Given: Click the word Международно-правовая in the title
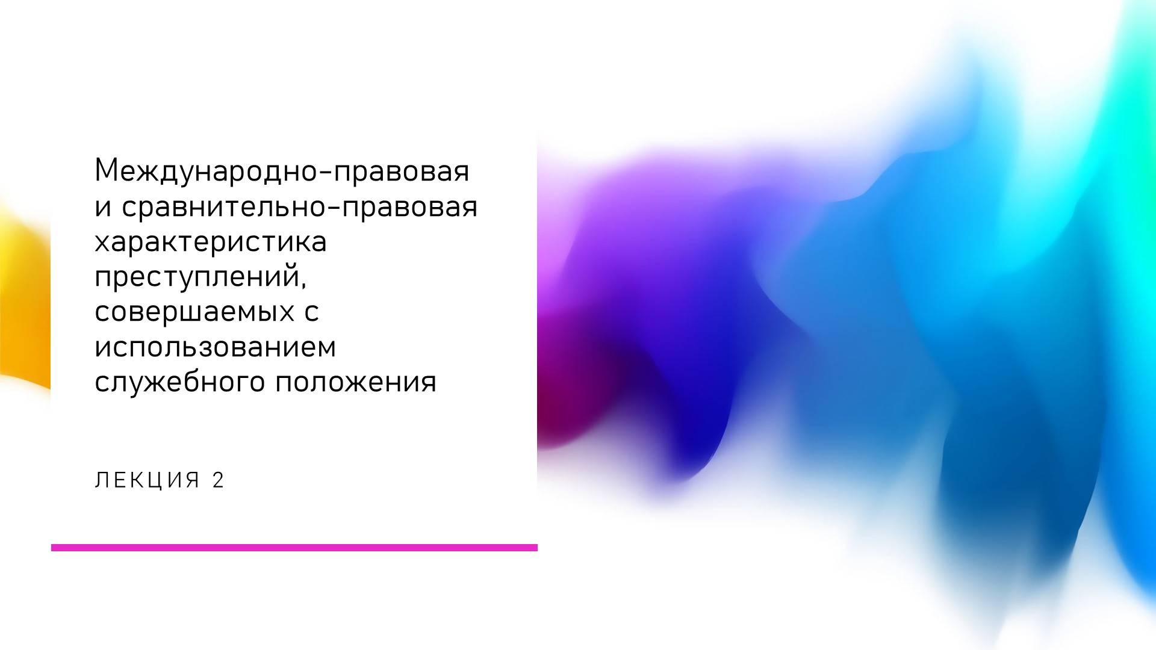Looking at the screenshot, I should [x=282, y=172].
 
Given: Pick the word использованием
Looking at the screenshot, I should [x=215, y=347].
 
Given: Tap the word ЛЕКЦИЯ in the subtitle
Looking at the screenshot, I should [x=147, y=480].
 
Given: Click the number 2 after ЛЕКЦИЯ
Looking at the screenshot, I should [x=218, y=480].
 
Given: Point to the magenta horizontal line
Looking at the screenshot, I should [x=294, y=548].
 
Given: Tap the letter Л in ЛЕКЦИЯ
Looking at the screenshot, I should [x=101, y=480].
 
